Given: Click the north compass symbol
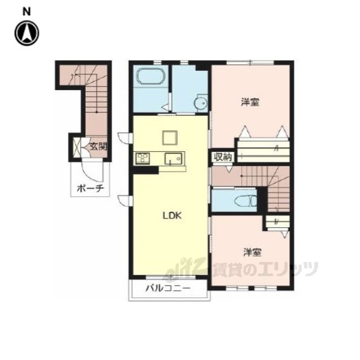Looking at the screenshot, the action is [27, 33].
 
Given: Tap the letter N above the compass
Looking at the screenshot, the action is [26, 11].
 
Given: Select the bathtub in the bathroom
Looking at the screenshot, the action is [151, 76].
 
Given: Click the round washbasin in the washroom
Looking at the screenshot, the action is [201, 103].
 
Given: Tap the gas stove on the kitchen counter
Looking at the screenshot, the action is [143, 159].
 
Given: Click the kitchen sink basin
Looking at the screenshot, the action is [173, 159].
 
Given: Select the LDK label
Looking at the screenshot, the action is [172, 215].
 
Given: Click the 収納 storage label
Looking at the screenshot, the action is [223, 157].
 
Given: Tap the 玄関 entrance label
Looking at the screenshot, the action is [98, 146].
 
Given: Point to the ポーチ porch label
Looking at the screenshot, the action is [91, 189].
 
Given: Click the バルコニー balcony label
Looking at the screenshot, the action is [168, 289].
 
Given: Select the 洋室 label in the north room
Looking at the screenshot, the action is [250, 102].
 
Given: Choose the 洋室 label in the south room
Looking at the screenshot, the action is [253, 253].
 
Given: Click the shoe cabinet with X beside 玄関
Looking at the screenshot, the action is [77, 147].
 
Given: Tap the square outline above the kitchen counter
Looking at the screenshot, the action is [170, 138].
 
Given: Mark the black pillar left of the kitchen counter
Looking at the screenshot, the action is [146, 170].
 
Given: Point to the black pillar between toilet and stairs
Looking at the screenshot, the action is [262, 199].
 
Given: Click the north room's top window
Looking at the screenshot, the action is [250, 62].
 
